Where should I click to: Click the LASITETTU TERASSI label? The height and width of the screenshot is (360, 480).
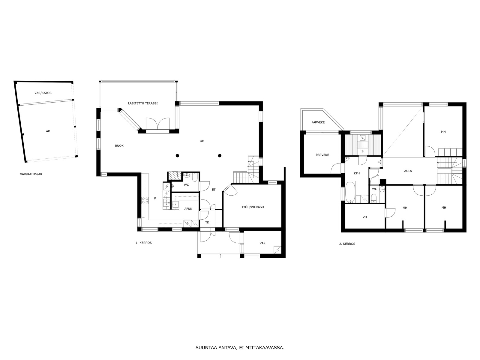(x=143, y=103)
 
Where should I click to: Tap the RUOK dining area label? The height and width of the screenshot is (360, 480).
(x=119, y=146)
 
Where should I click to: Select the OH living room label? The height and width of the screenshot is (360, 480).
(x=202, y=141)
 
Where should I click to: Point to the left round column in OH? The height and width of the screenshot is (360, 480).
(x=177, y=156)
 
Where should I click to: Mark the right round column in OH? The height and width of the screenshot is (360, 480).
(x=220, y=156)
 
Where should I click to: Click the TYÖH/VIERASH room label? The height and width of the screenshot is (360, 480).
(x=253, y=207)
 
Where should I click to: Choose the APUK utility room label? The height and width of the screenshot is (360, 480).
(x=188, y=209)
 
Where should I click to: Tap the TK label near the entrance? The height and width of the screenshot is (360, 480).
(x=207, y=223)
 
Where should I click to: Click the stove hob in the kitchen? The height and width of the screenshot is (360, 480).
(x=145, y=200)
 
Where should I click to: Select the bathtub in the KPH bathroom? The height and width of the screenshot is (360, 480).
(x=350, y=192)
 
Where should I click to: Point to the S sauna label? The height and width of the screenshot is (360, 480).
(x=362, y=151)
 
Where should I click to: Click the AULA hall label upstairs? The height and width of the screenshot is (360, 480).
(x=408, y=171)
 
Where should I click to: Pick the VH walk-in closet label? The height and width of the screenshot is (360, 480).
(x=364, y=217)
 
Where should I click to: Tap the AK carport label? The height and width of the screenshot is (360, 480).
(x=48, y=131)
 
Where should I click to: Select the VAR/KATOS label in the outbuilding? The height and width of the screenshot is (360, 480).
(x=43, y=93)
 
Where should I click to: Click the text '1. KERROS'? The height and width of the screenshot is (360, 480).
(x=144, y=243)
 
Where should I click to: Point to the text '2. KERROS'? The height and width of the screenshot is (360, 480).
(x=347, y=244)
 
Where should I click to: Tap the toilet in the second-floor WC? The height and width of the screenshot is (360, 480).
(x=374, y=198)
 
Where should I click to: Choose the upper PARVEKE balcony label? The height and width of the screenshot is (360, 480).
(x=318, y=122)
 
